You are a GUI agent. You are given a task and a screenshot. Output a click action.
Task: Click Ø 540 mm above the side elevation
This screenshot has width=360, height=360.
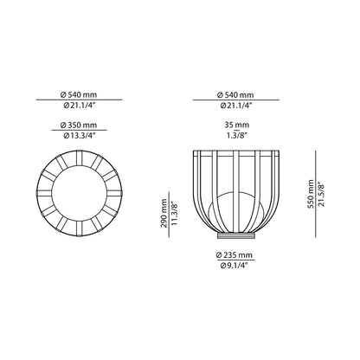(234, 94)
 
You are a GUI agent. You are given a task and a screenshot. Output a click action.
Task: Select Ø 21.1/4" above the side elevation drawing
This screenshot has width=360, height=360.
(234, 107)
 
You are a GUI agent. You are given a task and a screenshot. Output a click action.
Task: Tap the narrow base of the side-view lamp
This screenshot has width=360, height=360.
(234, 235)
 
